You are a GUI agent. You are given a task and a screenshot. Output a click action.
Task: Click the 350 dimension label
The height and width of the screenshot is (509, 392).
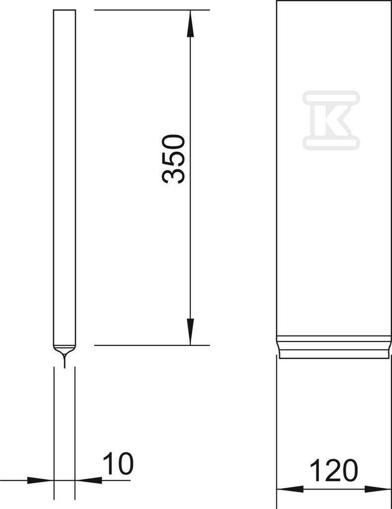click(173, 159)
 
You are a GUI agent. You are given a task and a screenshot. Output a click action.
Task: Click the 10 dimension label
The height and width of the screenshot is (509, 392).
click(118, 464)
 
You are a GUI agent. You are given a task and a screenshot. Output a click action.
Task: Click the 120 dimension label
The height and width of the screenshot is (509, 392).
click(333, 470)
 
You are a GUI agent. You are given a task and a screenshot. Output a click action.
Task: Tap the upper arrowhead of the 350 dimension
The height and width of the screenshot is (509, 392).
click(190, 23)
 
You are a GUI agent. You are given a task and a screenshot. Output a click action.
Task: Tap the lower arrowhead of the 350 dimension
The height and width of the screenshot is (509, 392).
click(190, 332)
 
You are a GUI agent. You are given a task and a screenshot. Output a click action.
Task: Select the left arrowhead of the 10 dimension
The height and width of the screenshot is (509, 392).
click(40, 480)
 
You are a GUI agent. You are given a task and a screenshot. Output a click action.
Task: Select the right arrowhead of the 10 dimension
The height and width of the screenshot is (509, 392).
click(88, 480)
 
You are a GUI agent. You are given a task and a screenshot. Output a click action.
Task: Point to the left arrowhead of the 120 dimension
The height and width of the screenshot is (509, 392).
click(290, 489)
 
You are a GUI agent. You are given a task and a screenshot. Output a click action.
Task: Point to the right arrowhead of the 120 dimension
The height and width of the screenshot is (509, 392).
click(378, 489)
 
